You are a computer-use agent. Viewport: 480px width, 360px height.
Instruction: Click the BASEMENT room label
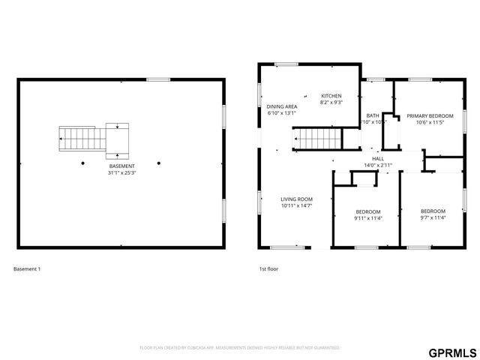click(x=121, y=166)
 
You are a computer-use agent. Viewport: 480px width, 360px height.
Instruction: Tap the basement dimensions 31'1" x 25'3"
click(x=121, y=172)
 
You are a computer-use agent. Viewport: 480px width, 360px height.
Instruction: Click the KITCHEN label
click(x=331, y=96)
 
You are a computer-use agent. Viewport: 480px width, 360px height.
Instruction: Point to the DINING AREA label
click(x=282, y=107)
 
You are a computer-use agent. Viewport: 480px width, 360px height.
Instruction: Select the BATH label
click(x=373, y=115)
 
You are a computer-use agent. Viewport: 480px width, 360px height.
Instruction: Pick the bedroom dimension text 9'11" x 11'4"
click(x=368, y=218)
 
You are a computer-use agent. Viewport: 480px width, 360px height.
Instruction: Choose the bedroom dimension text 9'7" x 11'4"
click(x=433, y=218)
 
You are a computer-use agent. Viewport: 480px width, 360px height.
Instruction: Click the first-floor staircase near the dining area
click(x=316, y=138)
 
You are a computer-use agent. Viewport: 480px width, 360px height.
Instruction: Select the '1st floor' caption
click(x=268, y=268)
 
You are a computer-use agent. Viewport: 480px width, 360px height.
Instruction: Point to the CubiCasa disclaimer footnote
click(x=240, y=348)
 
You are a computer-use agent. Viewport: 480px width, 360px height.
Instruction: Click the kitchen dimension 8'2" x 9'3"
click(x=331, y=103)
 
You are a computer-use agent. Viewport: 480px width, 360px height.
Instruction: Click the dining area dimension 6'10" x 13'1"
click(x=282, y=114)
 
